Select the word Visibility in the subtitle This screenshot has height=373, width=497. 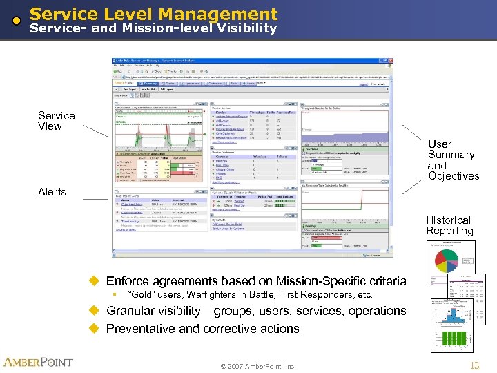coord(245,28)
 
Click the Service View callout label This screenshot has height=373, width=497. coord(56,121)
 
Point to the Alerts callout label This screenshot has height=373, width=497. coord(52,192)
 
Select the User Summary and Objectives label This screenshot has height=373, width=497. coord(452,160)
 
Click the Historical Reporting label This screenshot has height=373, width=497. coord(449,225)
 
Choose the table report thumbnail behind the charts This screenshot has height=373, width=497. coord(466,288)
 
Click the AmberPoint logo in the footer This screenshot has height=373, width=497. coord(39,363)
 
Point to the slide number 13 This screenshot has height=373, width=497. coord(474,365)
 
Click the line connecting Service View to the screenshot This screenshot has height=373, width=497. coord(95,131)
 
